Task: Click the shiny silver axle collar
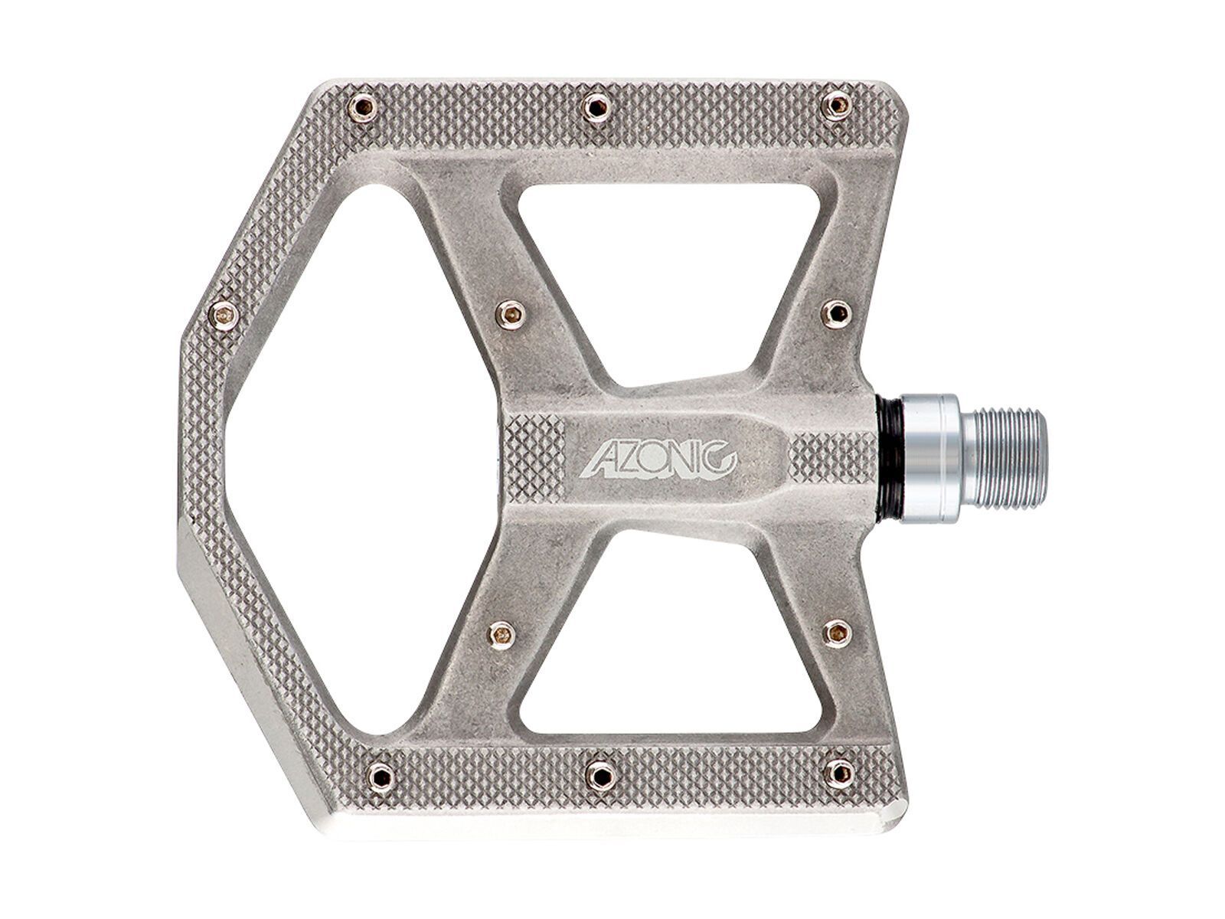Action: [x=931, y=457]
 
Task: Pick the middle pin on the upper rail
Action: [x=595, y=106]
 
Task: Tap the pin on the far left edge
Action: [x=224, y=314]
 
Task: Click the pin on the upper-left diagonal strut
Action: [x=510, y=312]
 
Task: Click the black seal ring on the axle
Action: [x=889, y=457]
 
